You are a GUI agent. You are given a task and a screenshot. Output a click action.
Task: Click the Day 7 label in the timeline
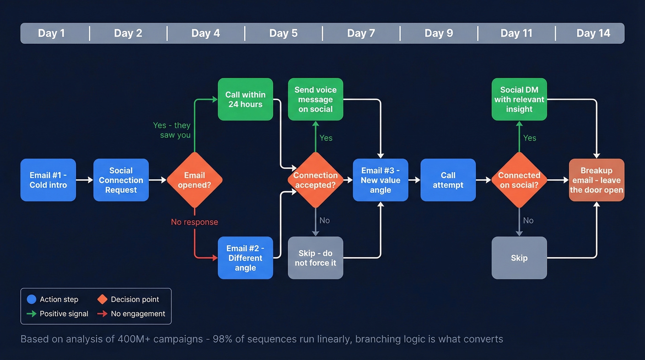361,33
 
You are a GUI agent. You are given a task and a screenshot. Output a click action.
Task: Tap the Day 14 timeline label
593,33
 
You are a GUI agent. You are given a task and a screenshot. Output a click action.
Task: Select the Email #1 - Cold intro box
48,180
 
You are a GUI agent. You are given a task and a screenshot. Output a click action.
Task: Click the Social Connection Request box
121,180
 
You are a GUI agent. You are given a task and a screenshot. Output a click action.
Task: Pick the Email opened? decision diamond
194,180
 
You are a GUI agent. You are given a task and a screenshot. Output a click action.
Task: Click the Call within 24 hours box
246,100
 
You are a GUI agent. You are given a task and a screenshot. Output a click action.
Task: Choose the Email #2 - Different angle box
246,258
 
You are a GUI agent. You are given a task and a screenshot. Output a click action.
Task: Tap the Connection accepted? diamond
316,180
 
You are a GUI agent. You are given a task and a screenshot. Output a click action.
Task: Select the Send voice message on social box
316,100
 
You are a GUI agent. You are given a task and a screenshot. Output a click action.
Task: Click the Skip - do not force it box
316,258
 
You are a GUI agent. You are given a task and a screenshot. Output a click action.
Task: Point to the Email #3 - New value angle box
381,180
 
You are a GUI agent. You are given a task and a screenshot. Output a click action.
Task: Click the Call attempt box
448,180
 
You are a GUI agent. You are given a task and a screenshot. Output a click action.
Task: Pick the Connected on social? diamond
519,180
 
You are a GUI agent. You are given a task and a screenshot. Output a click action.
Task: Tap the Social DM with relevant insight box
519,100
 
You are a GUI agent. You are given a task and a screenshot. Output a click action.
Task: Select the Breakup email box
597,180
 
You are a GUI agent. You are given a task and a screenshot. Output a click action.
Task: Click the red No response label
194,222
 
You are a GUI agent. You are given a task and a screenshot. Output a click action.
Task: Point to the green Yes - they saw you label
172,130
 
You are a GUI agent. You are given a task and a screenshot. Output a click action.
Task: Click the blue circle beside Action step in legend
31,300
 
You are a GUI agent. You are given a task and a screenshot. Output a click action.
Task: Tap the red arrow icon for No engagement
102,314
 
